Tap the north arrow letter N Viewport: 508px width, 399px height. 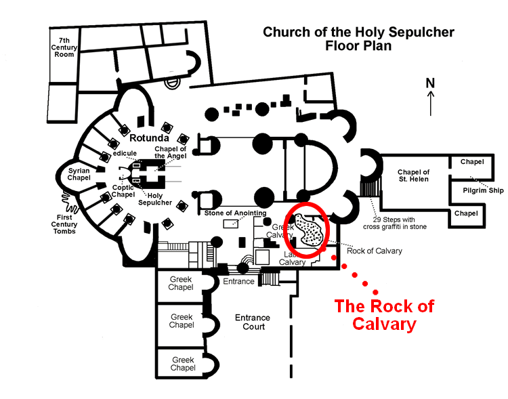(429, 83)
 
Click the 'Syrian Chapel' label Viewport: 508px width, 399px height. (79, 173)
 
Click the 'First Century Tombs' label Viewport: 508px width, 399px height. (64, 224)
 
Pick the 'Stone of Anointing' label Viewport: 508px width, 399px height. (233, 213)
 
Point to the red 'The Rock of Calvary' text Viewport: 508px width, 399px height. (384, 314)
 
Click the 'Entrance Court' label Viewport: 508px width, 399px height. (252, 322)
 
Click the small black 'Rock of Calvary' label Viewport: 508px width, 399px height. (374, 251)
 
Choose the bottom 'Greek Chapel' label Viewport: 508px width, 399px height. (183, 364)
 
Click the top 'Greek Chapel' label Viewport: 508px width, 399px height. (181, 283)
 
